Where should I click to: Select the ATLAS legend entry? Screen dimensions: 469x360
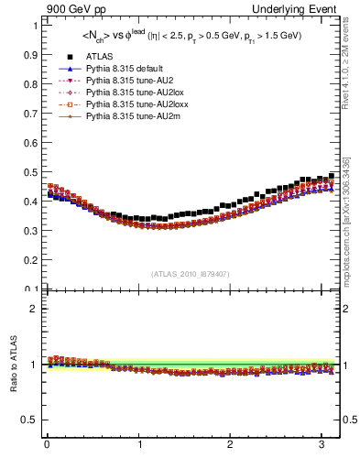[98, 57]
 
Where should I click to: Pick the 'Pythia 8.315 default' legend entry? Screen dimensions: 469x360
[124, 69]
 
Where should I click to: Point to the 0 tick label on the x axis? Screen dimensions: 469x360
[47, 445]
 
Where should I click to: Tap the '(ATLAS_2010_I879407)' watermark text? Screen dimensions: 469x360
[191, 272]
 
